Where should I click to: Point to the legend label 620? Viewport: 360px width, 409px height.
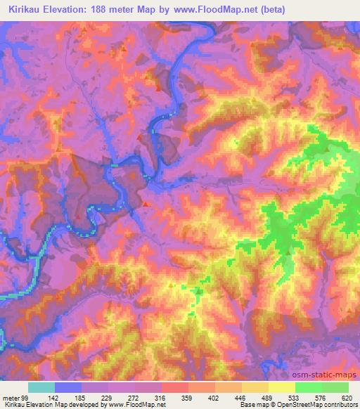coord(346,397)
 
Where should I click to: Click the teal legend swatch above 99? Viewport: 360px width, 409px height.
coord(41,387)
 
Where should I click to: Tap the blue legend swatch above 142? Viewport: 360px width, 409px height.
coord(68,387)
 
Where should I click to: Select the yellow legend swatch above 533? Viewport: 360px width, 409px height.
coord(282,387)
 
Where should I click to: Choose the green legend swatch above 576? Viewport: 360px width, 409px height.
coord(309,387)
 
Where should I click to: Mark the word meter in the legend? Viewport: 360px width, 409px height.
coord(9,397)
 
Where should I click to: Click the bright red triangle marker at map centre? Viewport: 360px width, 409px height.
coord(145,204)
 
